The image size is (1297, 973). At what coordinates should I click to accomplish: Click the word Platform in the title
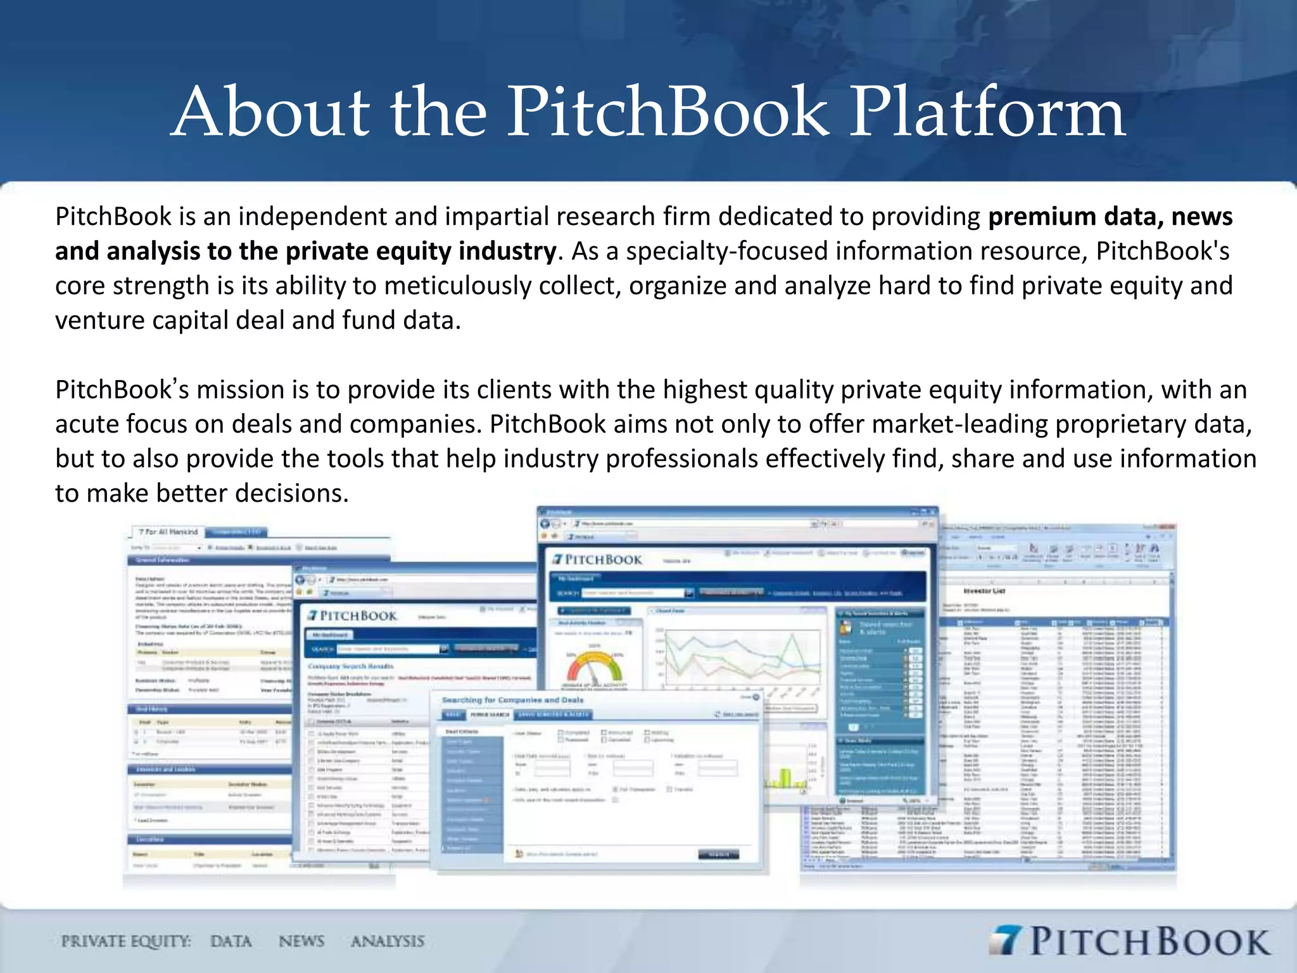coord(987,113)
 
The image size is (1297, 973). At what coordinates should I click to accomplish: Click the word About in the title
coord(271,113)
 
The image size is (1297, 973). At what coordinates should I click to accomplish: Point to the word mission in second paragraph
coord(240,390)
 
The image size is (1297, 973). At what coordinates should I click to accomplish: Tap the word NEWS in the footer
coord(301,941)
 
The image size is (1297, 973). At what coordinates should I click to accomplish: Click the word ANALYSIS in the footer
coord(388,941)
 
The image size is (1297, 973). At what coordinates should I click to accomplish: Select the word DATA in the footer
coord(231,941)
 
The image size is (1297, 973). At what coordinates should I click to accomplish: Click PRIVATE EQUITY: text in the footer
coord(126,941)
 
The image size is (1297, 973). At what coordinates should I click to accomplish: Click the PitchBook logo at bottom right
coord(1130,941)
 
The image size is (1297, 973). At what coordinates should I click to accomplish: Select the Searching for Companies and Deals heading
coord(512,700)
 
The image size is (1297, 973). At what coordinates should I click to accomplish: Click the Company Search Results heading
coord(350,666)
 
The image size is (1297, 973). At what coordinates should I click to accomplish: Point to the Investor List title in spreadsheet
coord(984,590)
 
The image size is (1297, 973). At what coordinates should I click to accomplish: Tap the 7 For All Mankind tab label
coord(168,531)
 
